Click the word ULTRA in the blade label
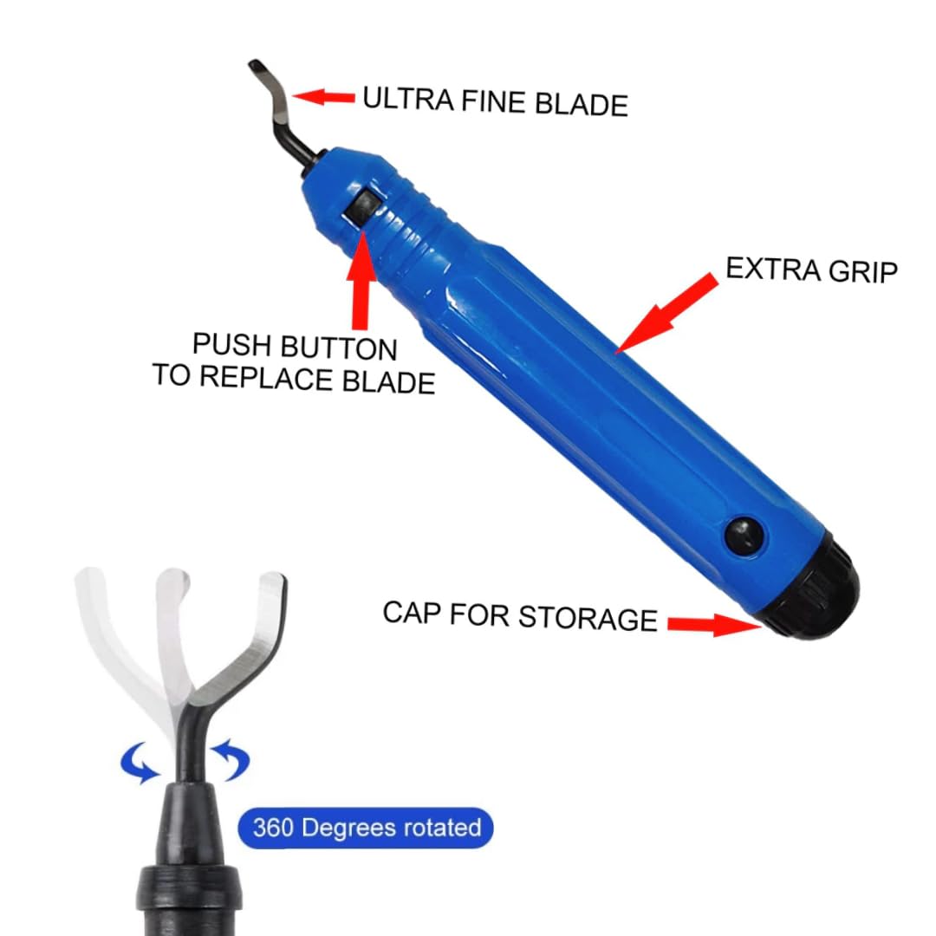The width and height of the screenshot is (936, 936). point(408,99)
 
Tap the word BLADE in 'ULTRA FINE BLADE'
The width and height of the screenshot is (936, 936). point(582,104)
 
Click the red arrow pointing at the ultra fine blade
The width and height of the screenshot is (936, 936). point(323,97)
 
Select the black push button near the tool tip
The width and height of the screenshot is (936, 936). point(362,208)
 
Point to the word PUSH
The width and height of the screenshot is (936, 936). point(231,344)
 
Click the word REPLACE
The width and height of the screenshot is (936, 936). point(266,377)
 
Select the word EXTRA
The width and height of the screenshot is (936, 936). point(773,269)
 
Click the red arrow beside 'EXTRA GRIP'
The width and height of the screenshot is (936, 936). point(666,313)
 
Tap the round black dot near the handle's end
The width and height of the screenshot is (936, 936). point(745,534)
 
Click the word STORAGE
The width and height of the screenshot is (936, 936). point(588,617)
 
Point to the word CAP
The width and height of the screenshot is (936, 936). point(412,613)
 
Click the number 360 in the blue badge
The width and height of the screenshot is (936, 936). point(273,828)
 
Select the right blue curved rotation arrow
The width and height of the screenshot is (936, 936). point(231,758)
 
